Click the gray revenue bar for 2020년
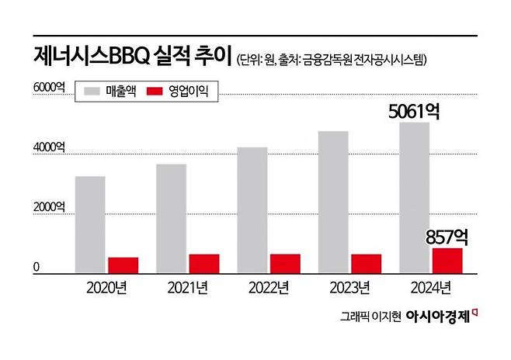(90, 224)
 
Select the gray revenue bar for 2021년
(171, 218)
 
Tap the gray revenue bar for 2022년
(252, 209)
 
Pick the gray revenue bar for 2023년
(333, 202)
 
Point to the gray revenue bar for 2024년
(414, 197)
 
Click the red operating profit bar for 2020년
(123, 265)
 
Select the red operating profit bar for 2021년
(203, 263)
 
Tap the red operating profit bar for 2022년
(285, 263)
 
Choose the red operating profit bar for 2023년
(366, 263)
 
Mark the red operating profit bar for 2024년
(447, 260)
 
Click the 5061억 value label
(415, 112)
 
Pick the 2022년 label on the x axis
(269, 289)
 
